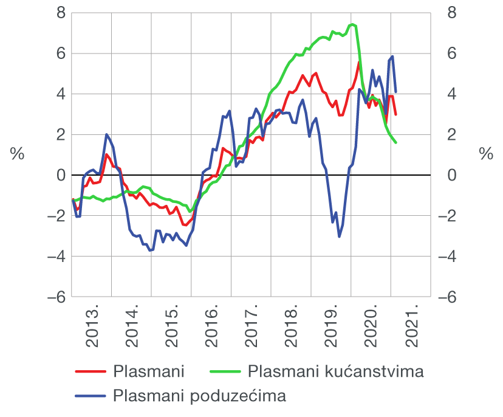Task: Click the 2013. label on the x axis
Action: click(92, 328)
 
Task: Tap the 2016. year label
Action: click(211, 328)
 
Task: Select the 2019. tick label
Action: click(331, 328)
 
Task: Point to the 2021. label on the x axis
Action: click(411, 328)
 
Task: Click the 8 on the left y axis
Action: click(60, 13)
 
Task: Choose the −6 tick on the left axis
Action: click(55, 297)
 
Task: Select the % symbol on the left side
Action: click(18, 154)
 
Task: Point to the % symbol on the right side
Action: click(485, 154)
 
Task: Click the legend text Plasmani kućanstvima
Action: click(335, 371)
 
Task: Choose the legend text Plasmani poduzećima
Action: click(199, 396)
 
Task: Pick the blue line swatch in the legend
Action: click(91, 397)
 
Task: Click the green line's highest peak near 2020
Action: click(353, 24)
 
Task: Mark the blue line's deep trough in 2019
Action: click(339, 236)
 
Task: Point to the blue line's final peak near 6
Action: click(393, 57)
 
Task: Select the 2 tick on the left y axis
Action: click(60, 134)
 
